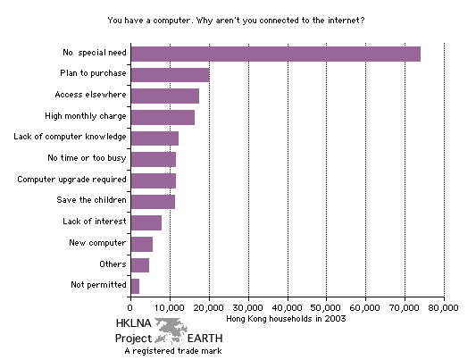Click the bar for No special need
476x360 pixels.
(275, 54)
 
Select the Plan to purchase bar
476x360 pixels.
(170, 75)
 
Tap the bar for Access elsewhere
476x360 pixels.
(164, 96)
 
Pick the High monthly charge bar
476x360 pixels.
(163, 117)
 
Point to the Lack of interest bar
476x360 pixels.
(146, 222)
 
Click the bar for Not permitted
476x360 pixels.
(135, 286)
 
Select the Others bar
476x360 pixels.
(139, 264)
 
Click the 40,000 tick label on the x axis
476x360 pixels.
(288, 308)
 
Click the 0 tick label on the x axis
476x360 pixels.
(130, 308)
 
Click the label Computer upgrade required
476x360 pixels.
(72, 180)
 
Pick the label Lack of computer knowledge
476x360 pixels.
(71, 138)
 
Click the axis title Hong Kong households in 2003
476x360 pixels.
(288, 319)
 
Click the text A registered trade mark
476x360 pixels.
(172, 351)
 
